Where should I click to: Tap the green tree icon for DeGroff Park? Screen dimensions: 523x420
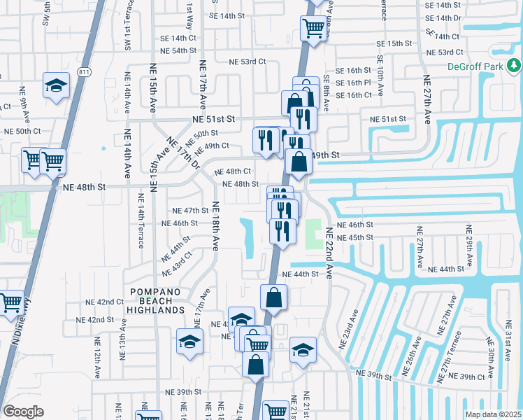coord(514,66)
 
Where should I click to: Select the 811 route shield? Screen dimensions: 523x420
coord(84,71)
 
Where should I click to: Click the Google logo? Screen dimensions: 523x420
coord(23,411)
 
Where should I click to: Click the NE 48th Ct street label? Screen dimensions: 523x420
coord(233,171)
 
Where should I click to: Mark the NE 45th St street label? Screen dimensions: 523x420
coord(355,238)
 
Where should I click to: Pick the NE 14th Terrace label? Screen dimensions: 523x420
coord(141,220)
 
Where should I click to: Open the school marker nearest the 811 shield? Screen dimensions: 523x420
coord(57,85)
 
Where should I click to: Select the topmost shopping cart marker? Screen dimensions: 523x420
coord(313,28)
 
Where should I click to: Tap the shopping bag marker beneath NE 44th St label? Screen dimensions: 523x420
coord(273,297)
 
